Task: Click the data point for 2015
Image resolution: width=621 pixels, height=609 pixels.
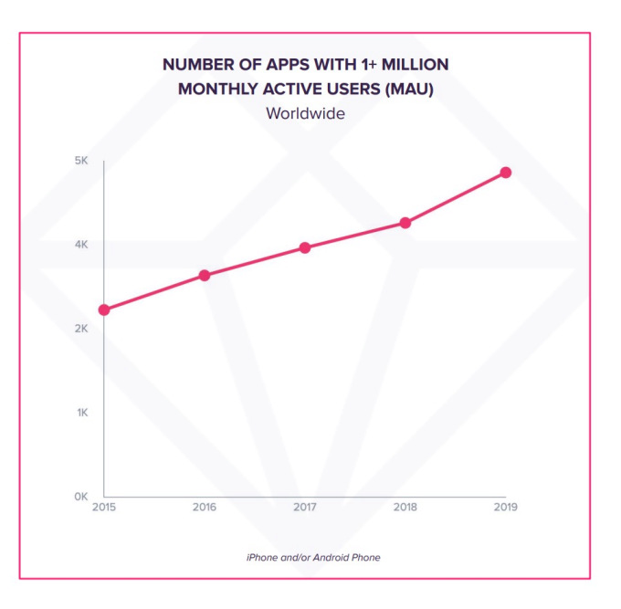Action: point(104,310)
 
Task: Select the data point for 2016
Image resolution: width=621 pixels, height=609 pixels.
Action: point(205,275)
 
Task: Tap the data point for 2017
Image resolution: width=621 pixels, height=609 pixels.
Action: point(305,247)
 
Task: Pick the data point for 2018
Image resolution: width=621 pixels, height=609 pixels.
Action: point(405,223)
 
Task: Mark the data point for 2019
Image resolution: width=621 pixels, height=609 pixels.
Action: point(505,173)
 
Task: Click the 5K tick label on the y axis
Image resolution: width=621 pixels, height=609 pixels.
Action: point(81,161)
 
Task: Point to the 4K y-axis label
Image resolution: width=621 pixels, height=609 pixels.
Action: point(81,245)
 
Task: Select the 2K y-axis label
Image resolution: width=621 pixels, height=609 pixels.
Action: point(81,329)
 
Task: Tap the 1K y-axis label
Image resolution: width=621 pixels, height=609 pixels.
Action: point(81,413)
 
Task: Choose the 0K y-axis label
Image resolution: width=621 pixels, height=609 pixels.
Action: point(81,497)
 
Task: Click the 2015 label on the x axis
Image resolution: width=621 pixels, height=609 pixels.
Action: point(104,508)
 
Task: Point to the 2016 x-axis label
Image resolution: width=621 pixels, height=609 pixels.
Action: point(205,508)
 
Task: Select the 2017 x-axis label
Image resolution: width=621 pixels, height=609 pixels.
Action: point(305,508)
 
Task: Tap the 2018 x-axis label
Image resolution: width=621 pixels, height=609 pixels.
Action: point(405,508)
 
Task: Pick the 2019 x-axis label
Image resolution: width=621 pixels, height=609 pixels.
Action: point(505,508)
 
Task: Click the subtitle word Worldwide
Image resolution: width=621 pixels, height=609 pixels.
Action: point(305,114)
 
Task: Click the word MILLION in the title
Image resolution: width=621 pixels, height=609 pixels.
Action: point(413,65)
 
